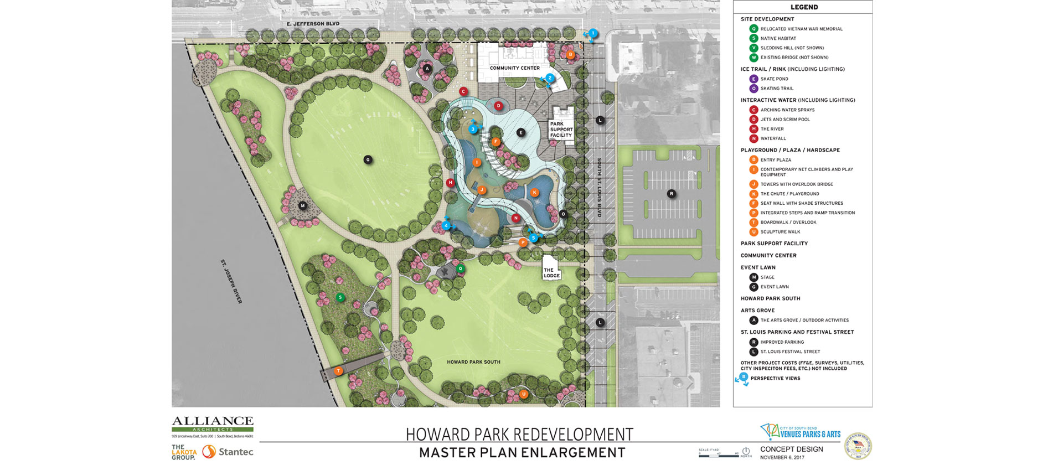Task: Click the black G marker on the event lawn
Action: tap(368, 160)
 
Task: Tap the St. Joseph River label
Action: tap(231, 281)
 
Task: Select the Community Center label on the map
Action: tap(514, 68)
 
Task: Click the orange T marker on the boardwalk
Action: tap(338, 371)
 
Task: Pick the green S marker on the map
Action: tap(340, 298)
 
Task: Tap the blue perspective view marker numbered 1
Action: tap(593, 33)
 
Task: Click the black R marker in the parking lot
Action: tap(671, 194)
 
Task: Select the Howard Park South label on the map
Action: tap(473, 362)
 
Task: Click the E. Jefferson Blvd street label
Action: tap(313, 24)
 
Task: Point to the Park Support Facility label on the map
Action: tap(561, 130)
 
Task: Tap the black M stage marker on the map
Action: tap(302, 206)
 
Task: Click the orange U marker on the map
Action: tap(523, 394)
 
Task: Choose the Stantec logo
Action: tap(228, 452)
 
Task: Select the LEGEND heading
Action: tap(804, 7)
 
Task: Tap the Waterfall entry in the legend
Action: tap(773, 138)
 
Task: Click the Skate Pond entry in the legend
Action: tap(774, 79)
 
